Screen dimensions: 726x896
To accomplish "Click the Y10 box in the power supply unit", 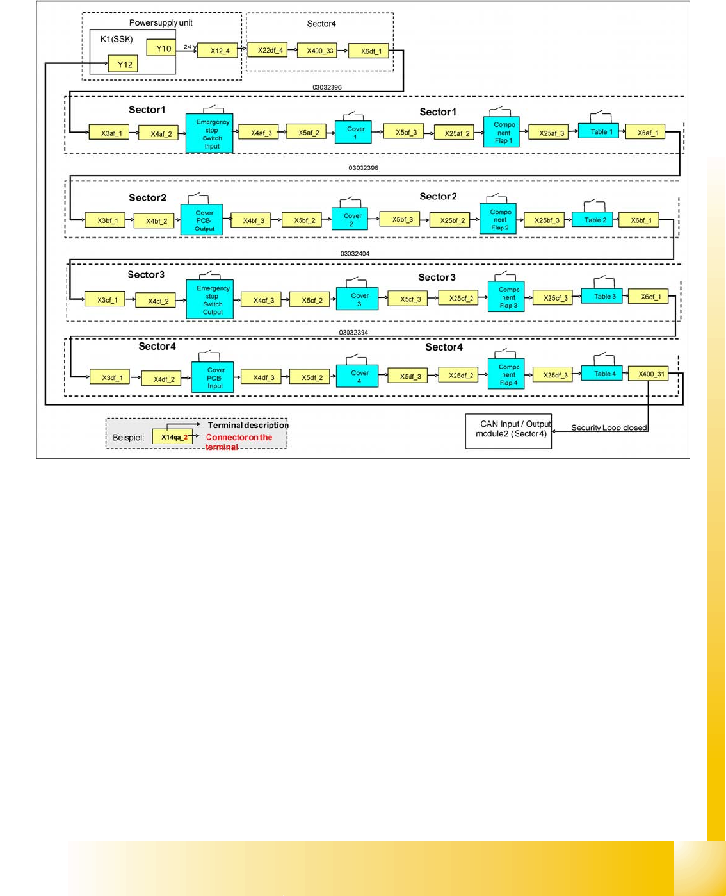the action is pyautogui.click(x=161, y=48).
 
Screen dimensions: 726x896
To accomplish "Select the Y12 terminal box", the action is pyautogui.click(x=123, y=64).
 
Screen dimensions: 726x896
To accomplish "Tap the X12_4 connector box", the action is pyautogui.click(x=218, y=51).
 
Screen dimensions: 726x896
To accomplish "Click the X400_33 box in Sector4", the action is pyautogui.click(x=317, y=50).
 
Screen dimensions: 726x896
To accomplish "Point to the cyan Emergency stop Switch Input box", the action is pyautogui.click(x=209, y=134).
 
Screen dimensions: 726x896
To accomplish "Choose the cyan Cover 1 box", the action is pyautogui.click(x=353, y=133).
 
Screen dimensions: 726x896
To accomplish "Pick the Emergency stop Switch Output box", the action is pyautogui.click(x=210, y=300).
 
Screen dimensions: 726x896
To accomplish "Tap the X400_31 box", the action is pyautogui.click(x=649, y=374).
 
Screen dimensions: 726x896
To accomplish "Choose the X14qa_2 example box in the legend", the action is pyautogui.click(x=172, y=437).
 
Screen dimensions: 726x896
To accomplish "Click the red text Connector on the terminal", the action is pyautogui.click(x=238, y=438).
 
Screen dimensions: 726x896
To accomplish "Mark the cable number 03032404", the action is pyautogui.click(x=355, y=254).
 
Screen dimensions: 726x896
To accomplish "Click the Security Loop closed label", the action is pyautogui.click(x=608, y=427).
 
